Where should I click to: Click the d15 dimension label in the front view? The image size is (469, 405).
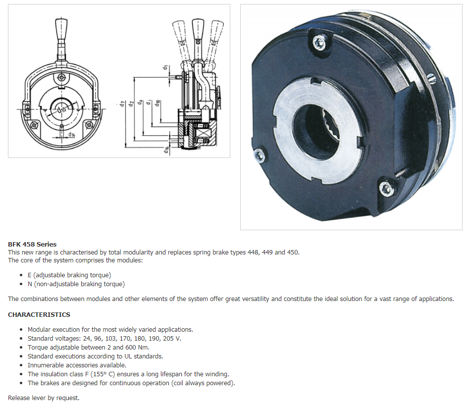point(62,109)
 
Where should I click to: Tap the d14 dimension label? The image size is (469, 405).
point(72,135)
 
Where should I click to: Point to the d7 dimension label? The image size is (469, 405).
point(122,104)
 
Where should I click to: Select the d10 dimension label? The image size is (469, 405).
point(157,103)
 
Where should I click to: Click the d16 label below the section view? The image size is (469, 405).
point(166,150)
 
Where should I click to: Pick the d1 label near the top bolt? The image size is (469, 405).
point(165,68)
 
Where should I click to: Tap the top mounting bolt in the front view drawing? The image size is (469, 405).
point(61,78)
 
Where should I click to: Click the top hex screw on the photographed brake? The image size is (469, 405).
point(319,42)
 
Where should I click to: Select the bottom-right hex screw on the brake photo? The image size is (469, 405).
point(386,189)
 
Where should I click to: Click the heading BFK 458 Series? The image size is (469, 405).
point(32,245)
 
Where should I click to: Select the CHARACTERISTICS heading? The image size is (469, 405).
point(39,315)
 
